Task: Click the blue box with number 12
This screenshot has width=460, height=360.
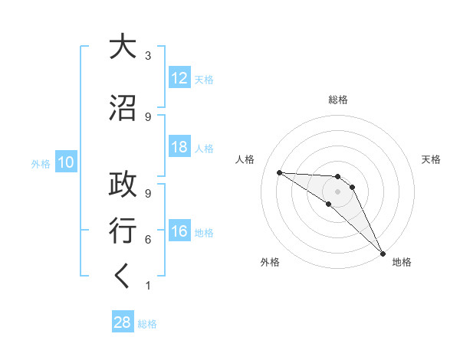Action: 179,78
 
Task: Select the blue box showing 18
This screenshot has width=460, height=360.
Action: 179,147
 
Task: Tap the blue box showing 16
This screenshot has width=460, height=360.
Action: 179,232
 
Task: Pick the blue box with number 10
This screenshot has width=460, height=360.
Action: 66,162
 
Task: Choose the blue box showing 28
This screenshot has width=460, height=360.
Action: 123,322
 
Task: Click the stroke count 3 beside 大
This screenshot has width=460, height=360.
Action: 148,56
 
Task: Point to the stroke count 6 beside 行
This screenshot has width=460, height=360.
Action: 148,240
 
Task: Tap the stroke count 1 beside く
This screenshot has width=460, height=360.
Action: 148,286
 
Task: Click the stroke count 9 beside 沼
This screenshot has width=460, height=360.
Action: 148,117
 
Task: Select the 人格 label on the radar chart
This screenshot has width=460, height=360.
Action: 245,159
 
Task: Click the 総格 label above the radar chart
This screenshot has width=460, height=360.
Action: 338,100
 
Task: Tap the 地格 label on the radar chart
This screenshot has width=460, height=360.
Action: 402,262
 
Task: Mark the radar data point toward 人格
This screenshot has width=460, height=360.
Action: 279,172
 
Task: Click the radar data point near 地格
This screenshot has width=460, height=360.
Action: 383,253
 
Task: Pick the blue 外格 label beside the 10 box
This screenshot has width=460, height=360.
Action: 40,163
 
